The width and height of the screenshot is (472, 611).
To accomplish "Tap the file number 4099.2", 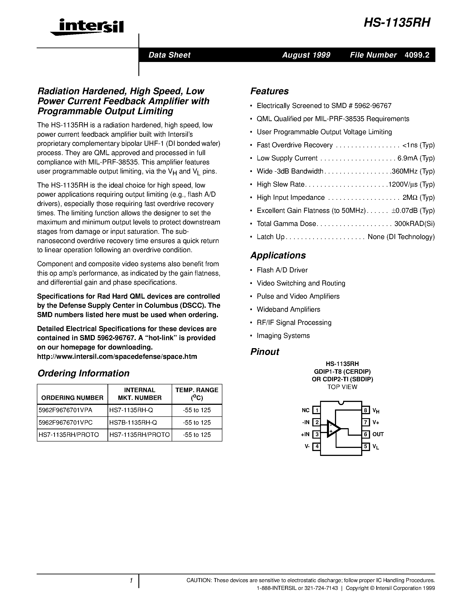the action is [x=417, y=55].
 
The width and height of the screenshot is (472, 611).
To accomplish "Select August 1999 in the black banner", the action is [x=306, y=55].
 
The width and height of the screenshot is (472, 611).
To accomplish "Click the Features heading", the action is [x=269, y=91].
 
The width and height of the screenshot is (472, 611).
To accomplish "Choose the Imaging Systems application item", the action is [x=283, y=336].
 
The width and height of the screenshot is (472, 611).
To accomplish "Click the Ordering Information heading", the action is [x=83, y=373].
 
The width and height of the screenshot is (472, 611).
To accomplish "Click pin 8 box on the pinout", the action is [x=365, y=410].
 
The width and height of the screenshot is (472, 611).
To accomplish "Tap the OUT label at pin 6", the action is [x=378, y=434].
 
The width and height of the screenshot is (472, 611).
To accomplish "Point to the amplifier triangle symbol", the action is [x=333, y=428].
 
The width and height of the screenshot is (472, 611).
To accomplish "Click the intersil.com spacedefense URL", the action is [x=117, y=357].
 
